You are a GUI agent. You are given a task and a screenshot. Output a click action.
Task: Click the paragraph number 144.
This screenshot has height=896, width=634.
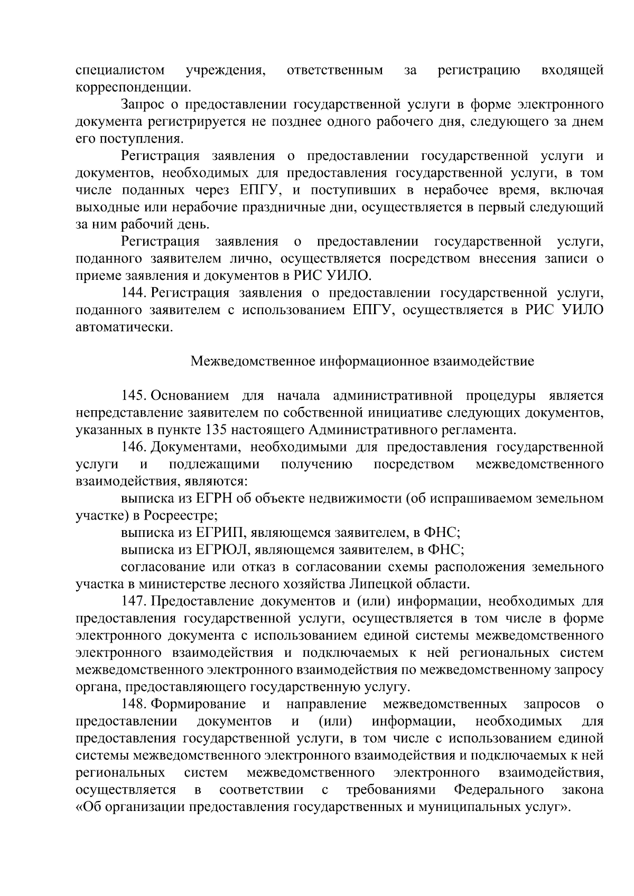tap(134, 293)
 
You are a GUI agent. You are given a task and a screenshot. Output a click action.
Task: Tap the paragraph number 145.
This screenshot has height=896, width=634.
tap(134, 395)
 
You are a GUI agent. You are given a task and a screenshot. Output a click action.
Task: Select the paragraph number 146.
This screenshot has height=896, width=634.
tap(134, 447)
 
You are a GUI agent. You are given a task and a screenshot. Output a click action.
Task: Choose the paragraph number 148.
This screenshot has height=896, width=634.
tap(134, 704)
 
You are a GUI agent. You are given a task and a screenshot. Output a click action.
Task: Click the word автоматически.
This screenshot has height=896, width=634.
tap(124, 327)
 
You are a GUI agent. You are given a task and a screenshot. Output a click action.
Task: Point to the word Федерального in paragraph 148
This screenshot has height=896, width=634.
tap(499, 789)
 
